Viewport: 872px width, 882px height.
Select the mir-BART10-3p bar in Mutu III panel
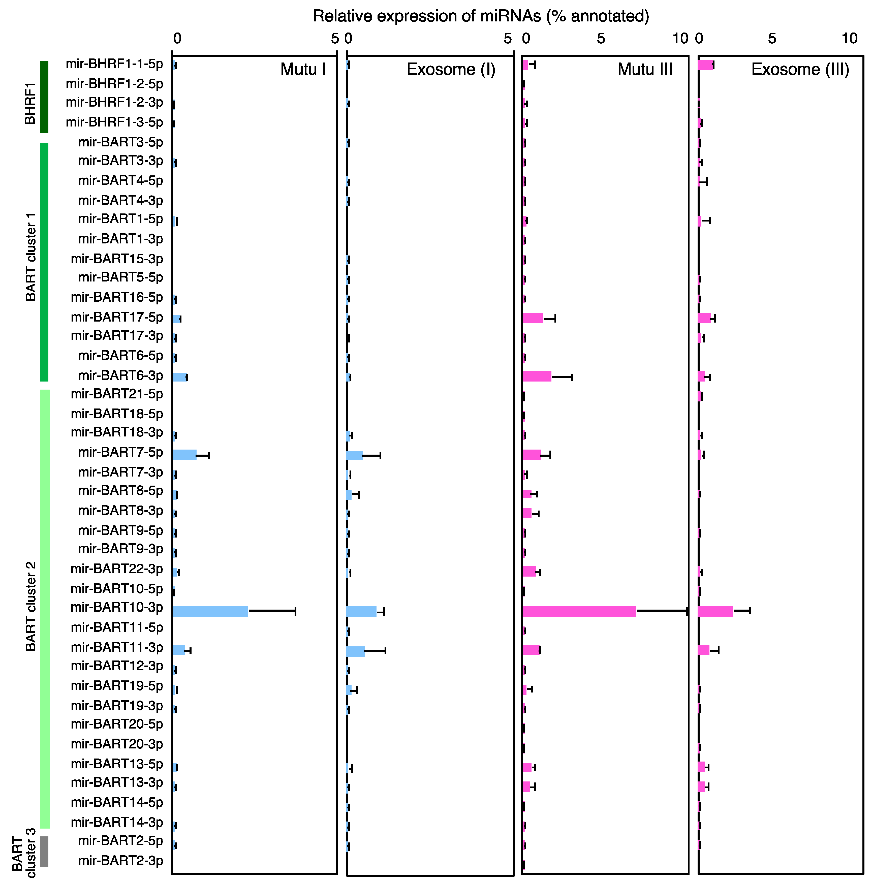579,611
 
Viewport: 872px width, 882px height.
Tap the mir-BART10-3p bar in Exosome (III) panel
715,611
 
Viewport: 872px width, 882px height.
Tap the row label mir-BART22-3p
117,569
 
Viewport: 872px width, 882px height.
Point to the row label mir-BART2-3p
120,861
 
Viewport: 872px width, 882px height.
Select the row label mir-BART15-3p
117,259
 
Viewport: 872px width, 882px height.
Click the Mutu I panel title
303,69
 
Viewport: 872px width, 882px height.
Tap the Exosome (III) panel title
800,69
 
